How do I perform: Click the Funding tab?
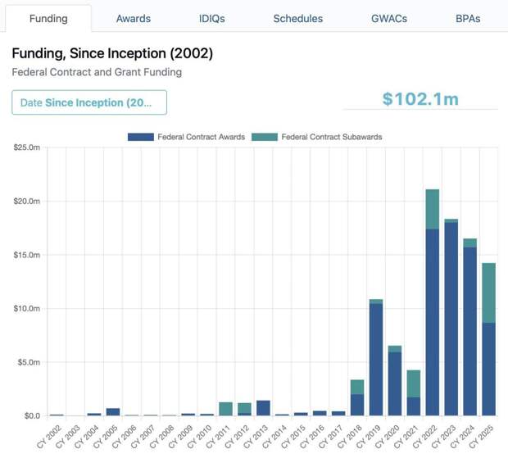[x=48, y=18]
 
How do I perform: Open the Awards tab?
[x=133, y=18]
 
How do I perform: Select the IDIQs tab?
[x=211, y=18]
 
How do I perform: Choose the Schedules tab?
[x=297, y=18]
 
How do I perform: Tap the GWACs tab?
[x=388, y=18]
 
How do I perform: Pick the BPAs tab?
[x=468, y=18]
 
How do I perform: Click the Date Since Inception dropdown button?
[x=89, y=102]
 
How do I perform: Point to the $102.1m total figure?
[x=420, y=99]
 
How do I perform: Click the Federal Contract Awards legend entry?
[x=187, y=137]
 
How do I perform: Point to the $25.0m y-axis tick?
[x=27, y=147]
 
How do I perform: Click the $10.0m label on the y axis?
[x=27, y=309]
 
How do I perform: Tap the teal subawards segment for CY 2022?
[x=432, y=209]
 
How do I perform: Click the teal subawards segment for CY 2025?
[x=488, y=292]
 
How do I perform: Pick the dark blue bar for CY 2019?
[x=376, y=360]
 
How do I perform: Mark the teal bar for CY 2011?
[x=225, y=409]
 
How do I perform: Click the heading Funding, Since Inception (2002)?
[x=112, y=53]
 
